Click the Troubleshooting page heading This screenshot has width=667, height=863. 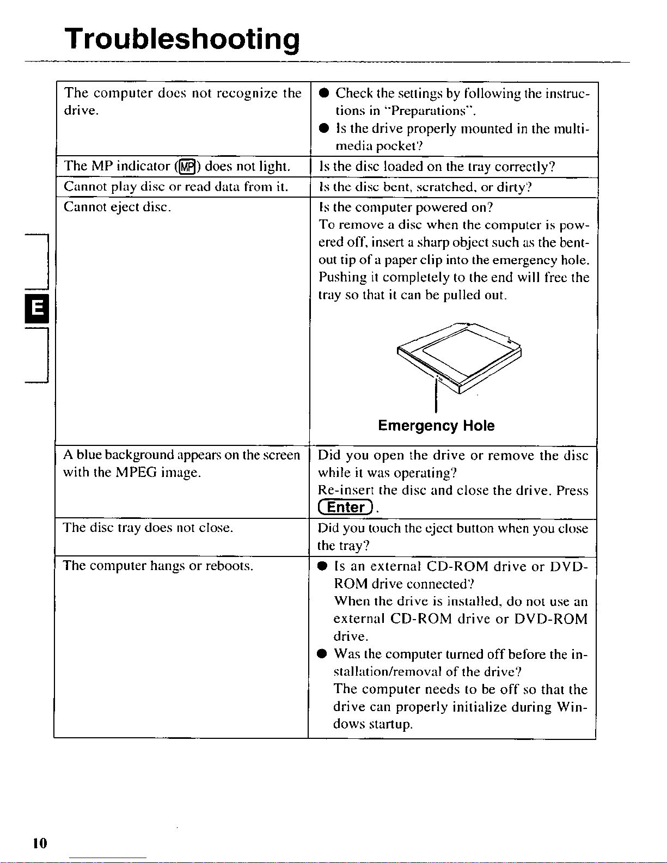[x=182, y=39]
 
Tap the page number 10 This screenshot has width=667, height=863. [x=40, y=843]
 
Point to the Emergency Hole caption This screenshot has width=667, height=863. [x=436, y=426]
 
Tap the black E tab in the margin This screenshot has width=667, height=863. [x=37, y=308]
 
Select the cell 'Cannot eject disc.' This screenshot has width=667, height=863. [x=117, y=207]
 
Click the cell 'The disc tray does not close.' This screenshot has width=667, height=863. [x=148, y=528]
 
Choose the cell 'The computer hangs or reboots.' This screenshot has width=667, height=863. [x=158, y=566]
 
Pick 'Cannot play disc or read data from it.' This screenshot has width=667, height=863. [x=175, y=187]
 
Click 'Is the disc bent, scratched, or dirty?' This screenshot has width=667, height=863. [x=425, y=187]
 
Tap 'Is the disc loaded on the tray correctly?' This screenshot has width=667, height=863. [x=437, y=166]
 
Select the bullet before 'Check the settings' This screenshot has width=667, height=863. [x=323, y=93]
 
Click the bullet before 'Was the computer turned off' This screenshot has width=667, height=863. [x=322, y=654]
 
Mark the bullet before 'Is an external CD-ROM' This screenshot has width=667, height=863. [x=322, y=566]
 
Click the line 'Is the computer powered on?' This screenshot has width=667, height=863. [x=406, y=207]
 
